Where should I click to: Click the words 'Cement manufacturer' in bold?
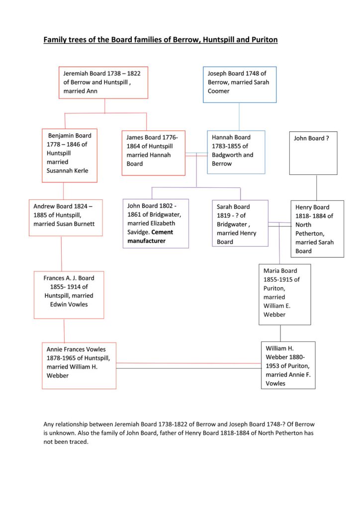point(150,236)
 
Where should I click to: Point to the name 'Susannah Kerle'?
point(67,171)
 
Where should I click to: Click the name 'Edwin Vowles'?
point(69,305)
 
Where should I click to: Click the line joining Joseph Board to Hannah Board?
point(239,116)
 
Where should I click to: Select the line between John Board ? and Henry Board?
point(317,187)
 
